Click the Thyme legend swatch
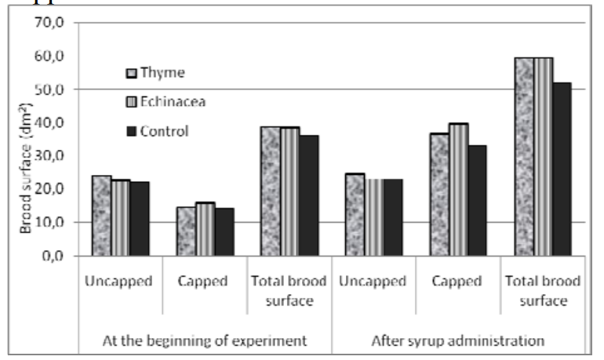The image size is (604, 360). coord(131,73)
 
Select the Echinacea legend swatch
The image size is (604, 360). coord(131,101)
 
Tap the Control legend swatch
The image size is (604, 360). coord(131,131)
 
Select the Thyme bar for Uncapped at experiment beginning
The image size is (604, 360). coord(101,216)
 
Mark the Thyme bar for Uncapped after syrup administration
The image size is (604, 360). coord(355,215)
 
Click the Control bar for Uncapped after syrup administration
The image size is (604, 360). coord(393,217)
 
